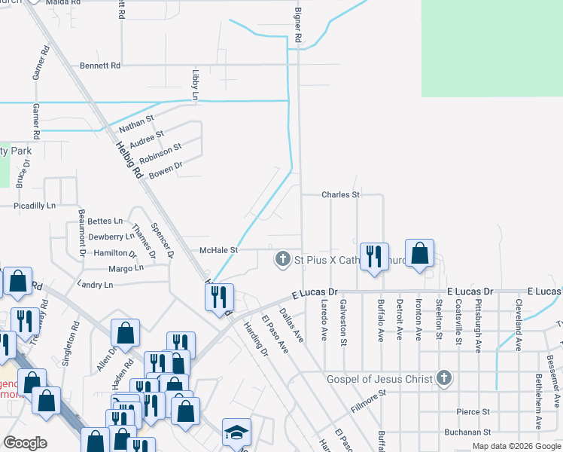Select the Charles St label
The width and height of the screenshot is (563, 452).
(x=341, y=194)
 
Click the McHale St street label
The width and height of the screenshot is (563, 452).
(x=218, y=249)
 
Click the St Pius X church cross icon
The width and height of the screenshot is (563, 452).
(x=283, y=260)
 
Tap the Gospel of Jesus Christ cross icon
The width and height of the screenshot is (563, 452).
(x=445, y=377)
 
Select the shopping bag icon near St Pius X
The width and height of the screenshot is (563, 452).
(x=420, y=255)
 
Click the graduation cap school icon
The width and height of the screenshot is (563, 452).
(x=236, y=433)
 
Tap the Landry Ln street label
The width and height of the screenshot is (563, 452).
(x=95, y=285)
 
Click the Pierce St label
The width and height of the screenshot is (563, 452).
(x=473, y=412)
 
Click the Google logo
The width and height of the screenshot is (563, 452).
(x=25, y=443)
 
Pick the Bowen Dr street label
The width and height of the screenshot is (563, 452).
(x=166, y=169)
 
